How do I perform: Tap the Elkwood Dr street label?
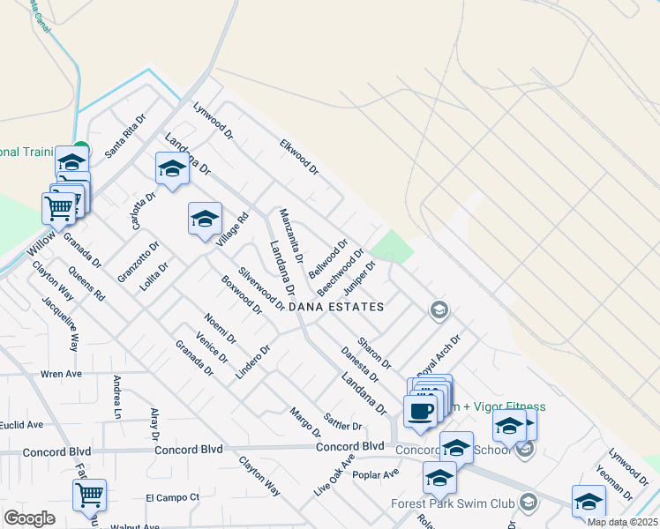[298, 155]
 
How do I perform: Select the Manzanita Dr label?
[291, 236]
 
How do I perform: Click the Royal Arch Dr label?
[440, 354]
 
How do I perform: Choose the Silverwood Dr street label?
[260, 290]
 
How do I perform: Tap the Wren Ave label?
[61, 374]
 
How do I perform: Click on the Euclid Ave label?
[22, 425]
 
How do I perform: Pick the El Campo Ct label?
[173, 497]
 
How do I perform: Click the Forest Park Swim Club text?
[453, 504]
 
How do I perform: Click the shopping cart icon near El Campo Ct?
[89, 495]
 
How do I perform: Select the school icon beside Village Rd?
[205, 219]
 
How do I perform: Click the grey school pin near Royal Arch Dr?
[439, 309]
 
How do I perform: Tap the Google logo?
[29, 518]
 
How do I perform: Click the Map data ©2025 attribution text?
[622, 522]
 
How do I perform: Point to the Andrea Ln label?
[116, 397]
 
